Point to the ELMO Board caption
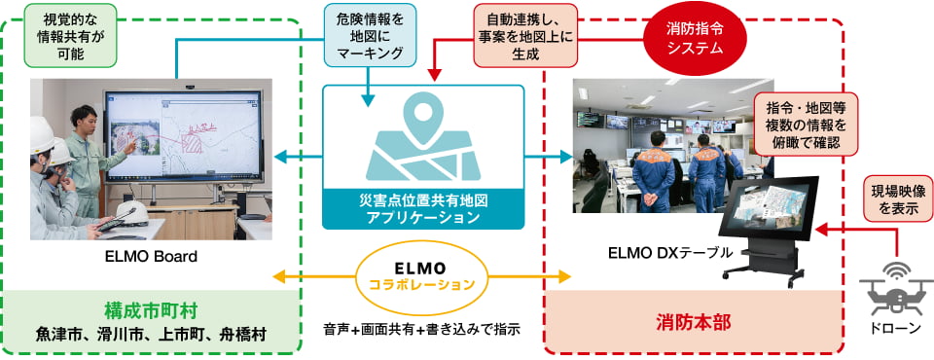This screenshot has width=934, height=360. (152, 257)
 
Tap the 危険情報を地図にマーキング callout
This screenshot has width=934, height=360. (371, 36)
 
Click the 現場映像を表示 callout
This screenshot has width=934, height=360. (892, 200)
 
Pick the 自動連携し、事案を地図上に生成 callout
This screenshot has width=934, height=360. (525, 36)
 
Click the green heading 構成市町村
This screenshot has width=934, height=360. (151, 310)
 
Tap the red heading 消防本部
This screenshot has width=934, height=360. (694, 322)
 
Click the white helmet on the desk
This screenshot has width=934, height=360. (131, 212)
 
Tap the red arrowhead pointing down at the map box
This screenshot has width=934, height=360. (435, 75)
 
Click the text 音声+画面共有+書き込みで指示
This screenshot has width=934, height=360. (422, 329)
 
